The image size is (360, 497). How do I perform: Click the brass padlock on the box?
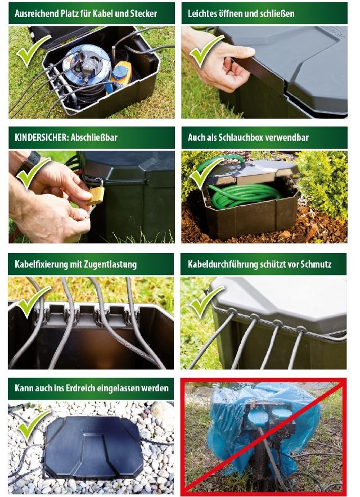coord(96,193)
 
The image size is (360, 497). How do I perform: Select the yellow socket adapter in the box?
coord(121,74)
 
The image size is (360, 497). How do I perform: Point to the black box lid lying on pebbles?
coord(93,448)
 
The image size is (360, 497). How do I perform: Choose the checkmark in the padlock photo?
coord(33,173)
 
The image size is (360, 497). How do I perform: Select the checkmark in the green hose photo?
coord(207,173)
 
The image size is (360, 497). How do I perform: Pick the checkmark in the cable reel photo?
coord(33,51)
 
